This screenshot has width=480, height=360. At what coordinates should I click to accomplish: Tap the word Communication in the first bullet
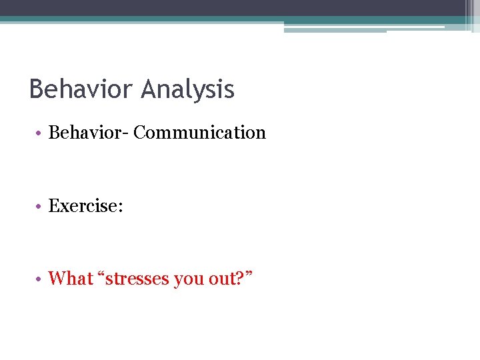click(x=199, y=133)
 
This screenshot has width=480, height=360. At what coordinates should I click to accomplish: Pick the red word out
click(x=221, y=278)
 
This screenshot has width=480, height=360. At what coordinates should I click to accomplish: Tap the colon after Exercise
click(x=120, y=207)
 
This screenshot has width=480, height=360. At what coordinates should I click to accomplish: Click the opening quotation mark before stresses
click(x=101, y=273)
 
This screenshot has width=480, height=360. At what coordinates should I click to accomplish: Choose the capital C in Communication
click(x=139, y=133)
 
